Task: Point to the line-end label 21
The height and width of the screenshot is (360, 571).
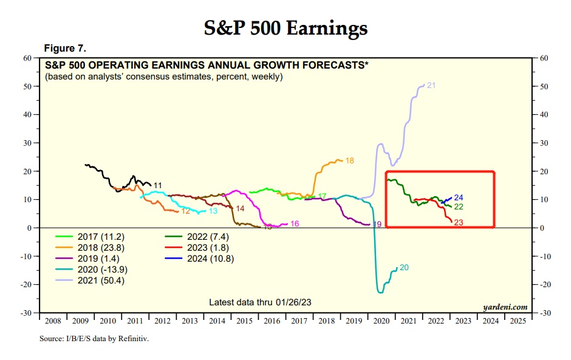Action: click(431, 86)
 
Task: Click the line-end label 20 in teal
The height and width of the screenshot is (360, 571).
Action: click(404, 268)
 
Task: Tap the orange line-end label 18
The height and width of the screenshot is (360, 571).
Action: click(349, 161)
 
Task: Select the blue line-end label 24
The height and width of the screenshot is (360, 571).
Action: click(459, 198)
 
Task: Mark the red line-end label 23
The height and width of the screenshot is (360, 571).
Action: click(459, 223)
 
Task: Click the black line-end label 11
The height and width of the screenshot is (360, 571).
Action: click(157, 185)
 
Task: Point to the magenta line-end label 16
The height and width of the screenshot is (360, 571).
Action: click(294, 224)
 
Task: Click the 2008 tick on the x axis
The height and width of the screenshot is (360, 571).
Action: click(53, 321)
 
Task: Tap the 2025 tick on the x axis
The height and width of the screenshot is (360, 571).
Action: click(517, 321)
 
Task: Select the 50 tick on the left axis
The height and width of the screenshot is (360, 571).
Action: click(27, 86)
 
